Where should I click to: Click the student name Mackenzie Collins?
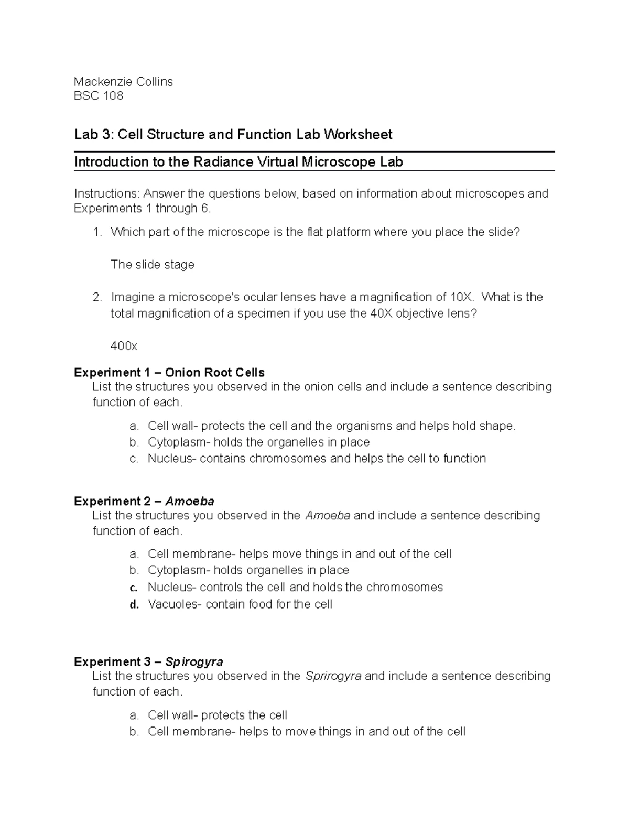tap(123, 81)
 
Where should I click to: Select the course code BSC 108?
tap(99, 96)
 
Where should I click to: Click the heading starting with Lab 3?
tap(233, 135)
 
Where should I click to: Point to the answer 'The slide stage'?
tap(152, 265)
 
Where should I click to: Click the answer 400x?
tap(124, 346)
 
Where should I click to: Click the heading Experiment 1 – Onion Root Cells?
tap(169, 373)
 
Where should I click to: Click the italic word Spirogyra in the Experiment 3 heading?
tap(194, 661)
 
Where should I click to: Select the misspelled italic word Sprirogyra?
tap(333, 676)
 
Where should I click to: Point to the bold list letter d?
tap(134, 605)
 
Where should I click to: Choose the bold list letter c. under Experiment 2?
tap(134, 588)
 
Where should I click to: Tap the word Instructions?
tap(107, 193)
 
